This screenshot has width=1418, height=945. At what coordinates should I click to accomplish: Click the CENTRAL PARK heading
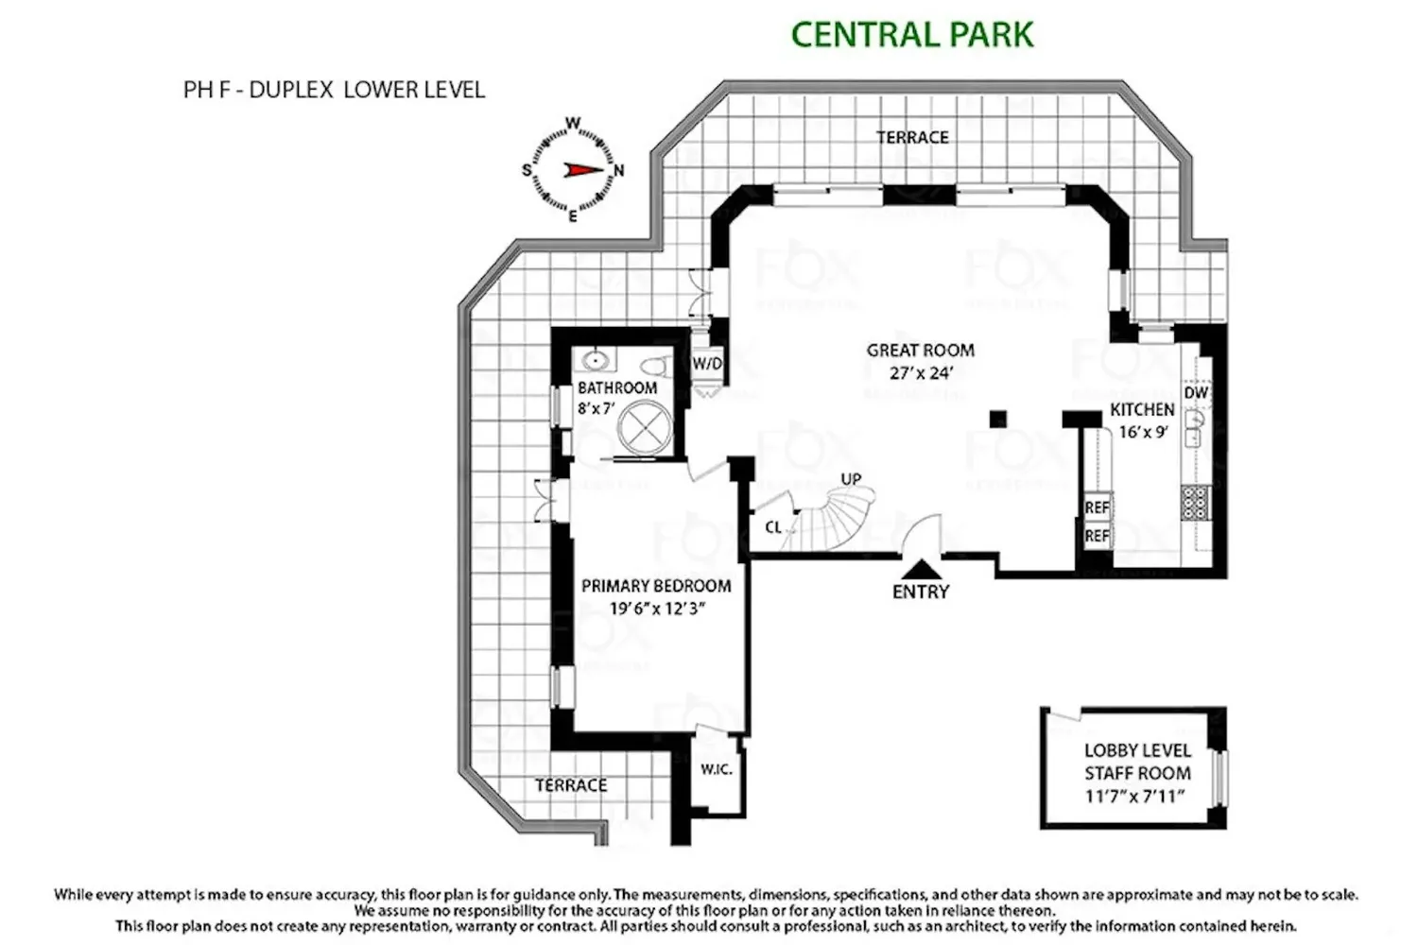(x=912, y=35)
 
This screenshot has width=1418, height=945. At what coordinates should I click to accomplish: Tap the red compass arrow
(x=583, y=170)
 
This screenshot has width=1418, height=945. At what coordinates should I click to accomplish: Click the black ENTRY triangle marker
(x=921, y=569)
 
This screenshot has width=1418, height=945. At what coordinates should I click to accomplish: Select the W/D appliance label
(x=707, y=364)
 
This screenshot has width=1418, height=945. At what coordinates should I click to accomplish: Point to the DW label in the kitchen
(x=1196, y=393)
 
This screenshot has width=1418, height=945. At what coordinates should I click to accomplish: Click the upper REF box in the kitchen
(x=1097, y=507)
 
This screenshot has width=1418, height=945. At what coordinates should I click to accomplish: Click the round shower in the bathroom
(x=645, y=427)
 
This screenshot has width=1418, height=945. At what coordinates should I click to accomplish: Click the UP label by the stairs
(x=851, y=479)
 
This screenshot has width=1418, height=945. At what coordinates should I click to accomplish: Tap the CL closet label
(x=773, y=526)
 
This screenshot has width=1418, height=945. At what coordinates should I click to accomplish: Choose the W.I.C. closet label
(x=717, y=769)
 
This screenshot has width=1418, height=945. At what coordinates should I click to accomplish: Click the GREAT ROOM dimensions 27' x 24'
(x=921, y=373)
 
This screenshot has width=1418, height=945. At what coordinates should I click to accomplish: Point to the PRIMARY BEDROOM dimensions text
(x=657, y=609)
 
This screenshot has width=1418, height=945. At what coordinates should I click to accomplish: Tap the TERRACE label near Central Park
(x=912, y=137)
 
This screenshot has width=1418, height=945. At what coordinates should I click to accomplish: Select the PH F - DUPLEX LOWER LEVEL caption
(x=335, y=90)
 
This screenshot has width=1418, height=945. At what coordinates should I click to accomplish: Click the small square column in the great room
(x=998, y=419)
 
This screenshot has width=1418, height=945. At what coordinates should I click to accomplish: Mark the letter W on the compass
(x=572, y=123)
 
